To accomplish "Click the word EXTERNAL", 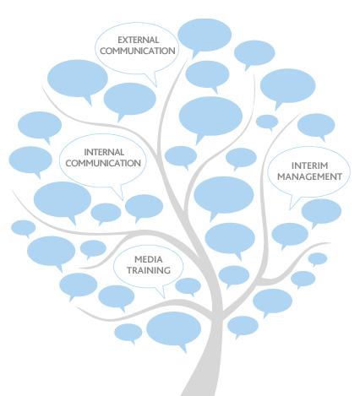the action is click(139, 40).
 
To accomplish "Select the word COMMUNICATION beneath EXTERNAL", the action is click(138, 51).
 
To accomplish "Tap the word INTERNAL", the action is click(104, 152).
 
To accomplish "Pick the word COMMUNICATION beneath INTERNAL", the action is click(103, 163).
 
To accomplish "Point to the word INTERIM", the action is click(309, 165).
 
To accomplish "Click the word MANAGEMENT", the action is click(309, 176).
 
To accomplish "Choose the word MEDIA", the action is click(149, 259).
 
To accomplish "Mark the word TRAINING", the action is click(149, 270).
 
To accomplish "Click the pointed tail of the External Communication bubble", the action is click(156, 86).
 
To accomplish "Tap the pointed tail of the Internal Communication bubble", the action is click(123, 200).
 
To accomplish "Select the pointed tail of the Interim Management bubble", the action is click(290, 209).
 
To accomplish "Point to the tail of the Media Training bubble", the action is click(164, 298).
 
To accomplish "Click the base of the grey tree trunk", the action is click(200, 393).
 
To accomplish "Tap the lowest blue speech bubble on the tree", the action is click(174, 329).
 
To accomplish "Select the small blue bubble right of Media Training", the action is click(188, 286).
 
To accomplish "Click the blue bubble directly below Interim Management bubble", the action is click(321, 212).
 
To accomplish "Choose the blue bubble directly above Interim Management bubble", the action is click(316, 125).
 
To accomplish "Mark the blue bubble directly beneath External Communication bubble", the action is click(129, 100).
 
